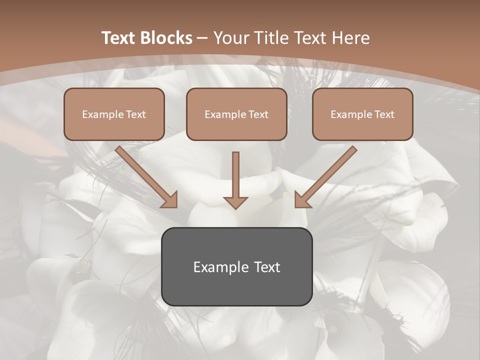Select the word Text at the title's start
pyautogui.click(x=119, y=38)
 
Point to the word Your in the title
pyautogui.click(x=230, y=38)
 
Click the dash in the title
pyautogui.click(x=202, y=38)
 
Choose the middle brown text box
pyautogui.click(x=236, y=127)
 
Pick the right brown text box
pyautogui.click(x=362, y=127)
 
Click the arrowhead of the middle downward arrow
pyautogui.click(x=235, y=202)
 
